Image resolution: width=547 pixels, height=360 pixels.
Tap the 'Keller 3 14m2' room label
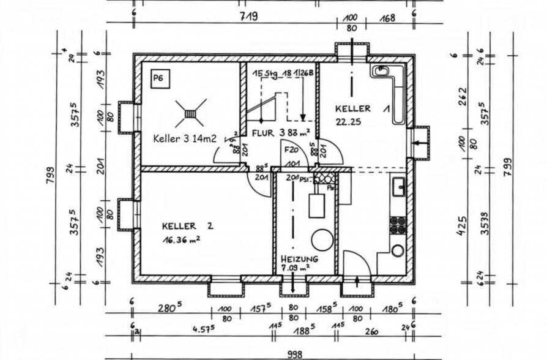[x=185, y=138]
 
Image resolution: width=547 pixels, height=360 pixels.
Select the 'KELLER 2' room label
[x=187, y=226]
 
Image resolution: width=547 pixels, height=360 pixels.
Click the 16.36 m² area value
[x=182, y=241]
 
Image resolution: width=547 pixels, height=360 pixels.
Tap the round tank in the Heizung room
[x=322, y=240]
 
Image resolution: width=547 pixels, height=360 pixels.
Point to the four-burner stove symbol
[x=398, y=225]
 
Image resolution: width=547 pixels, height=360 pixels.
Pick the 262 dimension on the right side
[x=463, y=96]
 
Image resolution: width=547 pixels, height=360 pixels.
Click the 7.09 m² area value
[x=295, y=267]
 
